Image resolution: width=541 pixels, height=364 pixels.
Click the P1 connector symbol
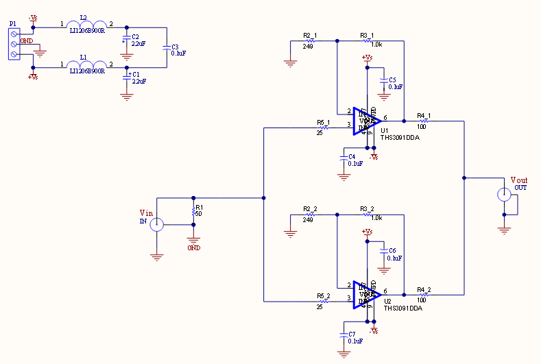click(14, 45)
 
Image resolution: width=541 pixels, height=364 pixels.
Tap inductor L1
click(87, 67)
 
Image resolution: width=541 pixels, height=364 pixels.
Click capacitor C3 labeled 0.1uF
click(167, 48)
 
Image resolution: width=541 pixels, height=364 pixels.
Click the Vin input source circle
click(157, 223)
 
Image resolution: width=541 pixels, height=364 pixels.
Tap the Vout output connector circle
click(505, 195)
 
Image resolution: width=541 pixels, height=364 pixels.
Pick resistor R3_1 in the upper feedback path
click(368, 40)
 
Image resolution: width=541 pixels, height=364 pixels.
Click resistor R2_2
click(309, 214)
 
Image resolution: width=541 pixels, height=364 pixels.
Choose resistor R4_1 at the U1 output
click(424, 121)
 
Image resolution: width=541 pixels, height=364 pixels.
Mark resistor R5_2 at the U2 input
click(324, 300)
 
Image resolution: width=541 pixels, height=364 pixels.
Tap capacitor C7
click(344, 336)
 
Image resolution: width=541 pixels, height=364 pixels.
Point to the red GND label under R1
click(193, 248)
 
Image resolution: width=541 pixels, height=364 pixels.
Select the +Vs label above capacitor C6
click(367, 232)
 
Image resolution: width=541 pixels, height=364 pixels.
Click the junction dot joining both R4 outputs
click(464, 178)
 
